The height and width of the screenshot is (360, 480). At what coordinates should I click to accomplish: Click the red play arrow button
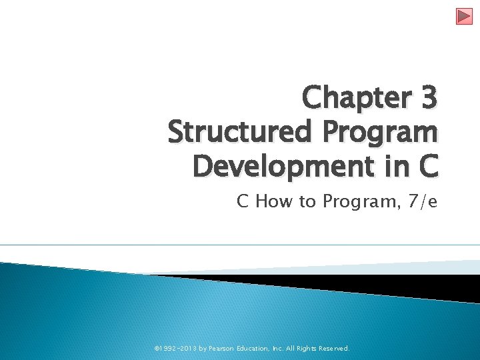(464, 16)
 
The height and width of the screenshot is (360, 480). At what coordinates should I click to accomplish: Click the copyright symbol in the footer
(157, 348)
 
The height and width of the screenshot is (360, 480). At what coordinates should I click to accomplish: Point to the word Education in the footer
(250, 348)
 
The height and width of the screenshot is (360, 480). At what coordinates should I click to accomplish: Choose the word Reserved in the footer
(332, 348)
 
